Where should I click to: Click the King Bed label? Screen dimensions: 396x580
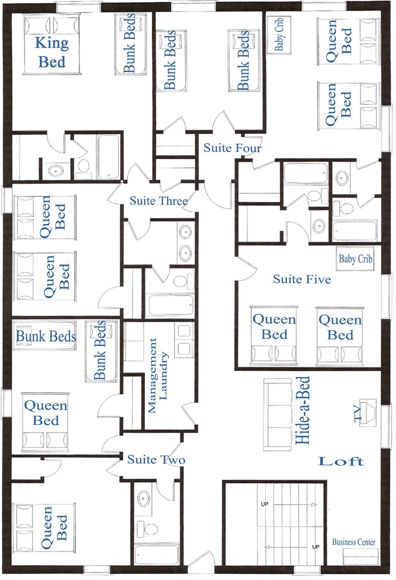click(52, 52)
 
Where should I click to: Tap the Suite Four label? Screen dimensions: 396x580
click(232, 148)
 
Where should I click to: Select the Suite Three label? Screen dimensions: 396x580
click(158, 201)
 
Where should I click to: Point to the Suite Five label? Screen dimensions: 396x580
click(302, 279)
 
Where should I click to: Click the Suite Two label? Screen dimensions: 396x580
click(156, 459)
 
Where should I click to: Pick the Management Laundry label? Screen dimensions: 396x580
click(158, 375)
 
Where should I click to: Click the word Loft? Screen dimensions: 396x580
click(341, 461)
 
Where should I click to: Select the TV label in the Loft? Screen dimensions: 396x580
click(357, 414)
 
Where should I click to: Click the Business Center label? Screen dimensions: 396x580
click(354, 542)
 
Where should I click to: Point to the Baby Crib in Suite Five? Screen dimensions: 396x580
click(355, 258)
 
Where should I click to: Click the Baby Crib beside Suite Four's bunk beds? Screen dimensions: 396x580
click(279, 34)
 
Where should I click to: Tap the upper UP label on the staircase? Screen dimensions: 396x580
click(265, 504)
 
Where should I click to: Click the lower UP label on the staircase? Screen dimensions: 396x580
click(316, 547)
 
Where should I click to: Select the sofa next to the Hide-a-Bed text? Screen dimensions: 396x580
click(277, 414)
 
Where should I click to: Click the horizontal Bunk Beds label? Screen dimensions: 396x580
click(46, 336)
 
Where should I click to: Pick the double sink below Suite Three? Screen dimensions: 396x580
click(185, 243)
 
